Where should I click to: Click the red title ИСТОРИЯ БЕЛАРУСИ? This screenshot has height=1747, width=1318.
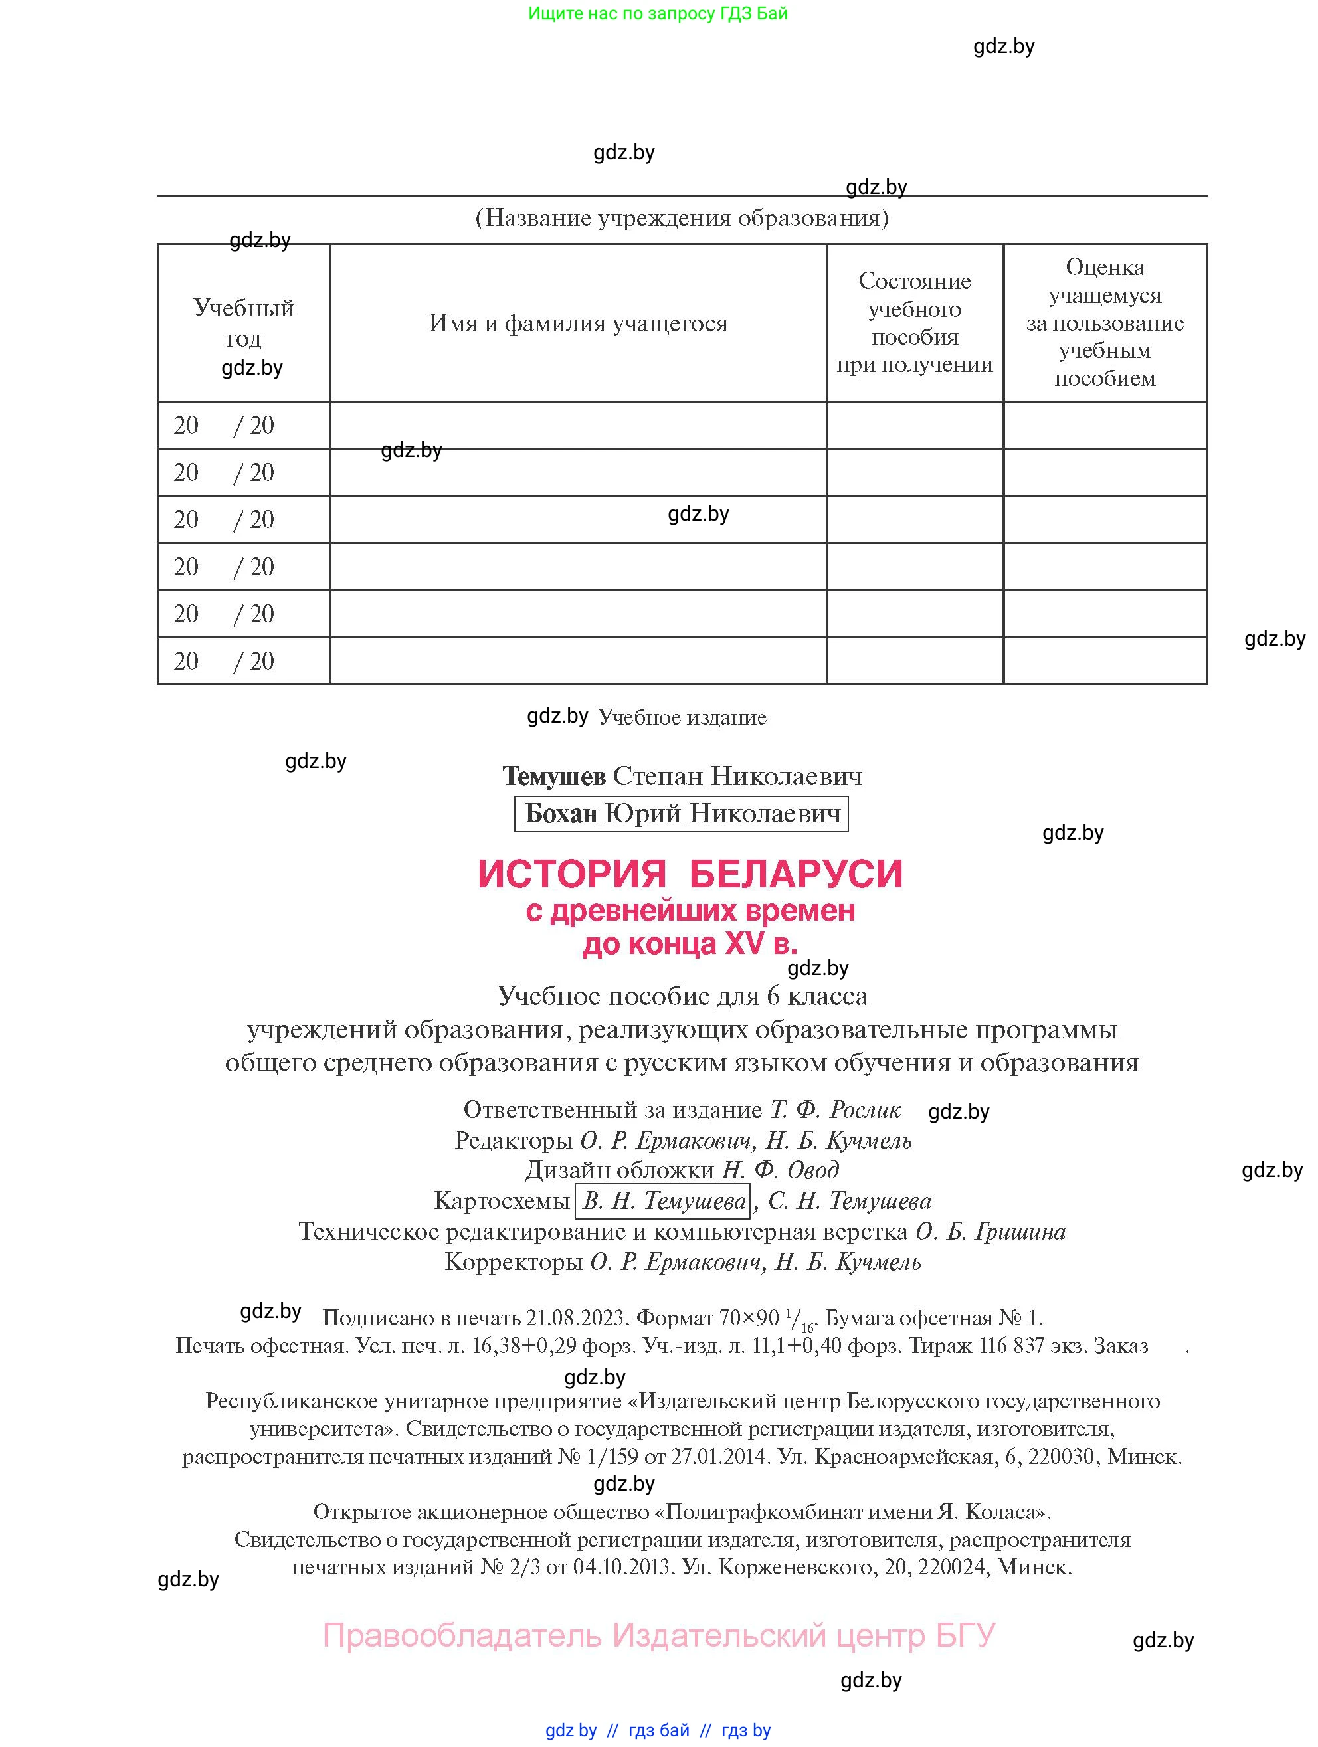coord(690,874)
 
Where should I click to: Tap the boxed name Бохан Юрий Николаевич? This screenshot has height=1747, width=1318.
coord(681,814)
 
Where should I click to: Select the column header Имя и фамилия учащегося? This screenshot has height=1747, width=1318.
coord(578,323)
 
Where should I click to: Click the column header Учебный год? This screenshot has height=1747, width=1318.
coord(243,322)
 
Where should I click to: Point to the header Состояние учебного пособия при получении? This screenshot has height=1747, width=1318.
coord(915,322)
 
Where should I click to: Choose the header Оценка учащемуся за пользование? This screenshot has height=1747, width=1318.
coord(1104,322)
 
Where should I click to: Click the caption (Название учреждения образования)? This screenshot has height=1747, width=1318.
coord(682,217)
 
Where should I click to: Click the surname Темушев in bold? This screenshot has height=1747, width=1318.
coord(554,777)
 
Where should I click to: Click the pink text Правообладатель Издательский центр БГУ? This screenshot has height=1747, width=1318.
coord(658,1635)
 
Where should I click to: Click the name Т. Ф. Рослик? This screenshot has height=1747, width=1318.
coord(834,1110)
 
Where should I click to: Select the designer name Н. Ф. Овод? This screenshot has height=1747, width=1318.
coord(780,1170)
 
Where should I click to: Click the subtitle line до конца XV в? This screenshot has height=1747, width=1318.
coord(690,943)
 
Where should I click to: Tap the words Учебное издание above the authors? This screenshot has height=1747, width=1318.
coord(682,717)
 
